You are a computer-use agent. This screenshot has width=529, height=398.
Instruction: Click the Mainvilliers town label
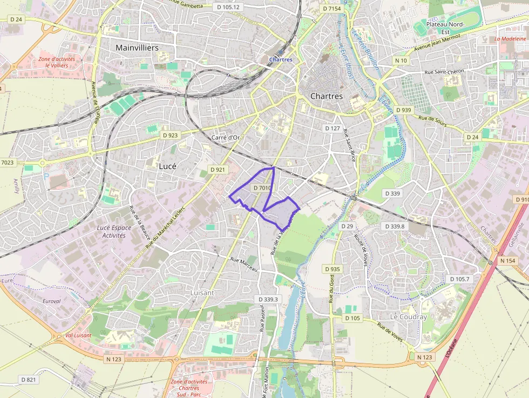click(x=137, y=48)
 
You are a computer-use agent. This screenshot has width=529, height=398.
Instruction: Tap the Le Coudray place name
click(x=409, y=317)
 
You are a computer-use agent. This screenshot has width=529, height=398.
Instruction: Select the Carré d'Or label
click(x=226, y=138)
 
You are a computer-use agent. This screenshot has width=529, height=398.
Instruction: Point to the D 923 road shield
click(x=170, y=135)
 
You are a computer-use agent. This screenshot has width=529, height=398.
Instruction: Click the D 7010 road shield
click(x=262, y=188)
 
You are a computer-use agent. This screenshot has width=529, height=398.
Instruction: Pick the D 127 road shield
click(x=333, y=129)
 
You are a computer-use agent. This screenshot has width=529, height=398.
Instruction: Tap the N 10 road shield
click(x=401, y=60)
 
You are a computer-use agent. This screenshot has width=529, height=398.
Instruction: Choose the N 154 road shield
click(x=508, y=261)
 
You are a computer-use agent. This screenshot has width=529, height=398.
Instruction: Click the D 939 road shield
click(x=403, y=110)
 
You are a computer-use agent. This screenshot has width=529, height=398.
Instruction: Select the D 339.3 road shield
click(x=268, y=299)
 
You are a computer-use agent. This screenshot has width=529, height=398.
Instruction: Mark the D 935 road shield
click(x=333, y=269)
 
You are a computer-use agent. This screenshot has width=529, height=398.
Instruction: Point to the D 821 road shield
click(x=29, y=380)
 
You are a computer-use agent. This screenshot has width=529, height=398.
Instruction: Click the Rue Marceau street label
click(x=245, y=264)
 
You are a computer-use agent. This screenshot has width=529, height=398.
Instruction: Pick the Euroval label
click(x=52, y=301)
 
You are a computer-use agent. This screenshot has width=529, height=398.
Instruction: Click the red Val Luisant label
click(x=78, y=335)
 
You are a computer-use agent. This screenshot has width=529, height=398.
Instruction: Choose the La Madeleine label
click(x=510, y=39)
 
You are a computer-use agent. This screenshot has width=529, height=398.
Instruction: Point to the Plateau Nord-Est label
click(x=445, y=28)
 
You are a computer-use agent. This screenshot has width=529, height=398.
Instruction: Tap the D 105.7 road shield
click(x=460, y=279)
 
